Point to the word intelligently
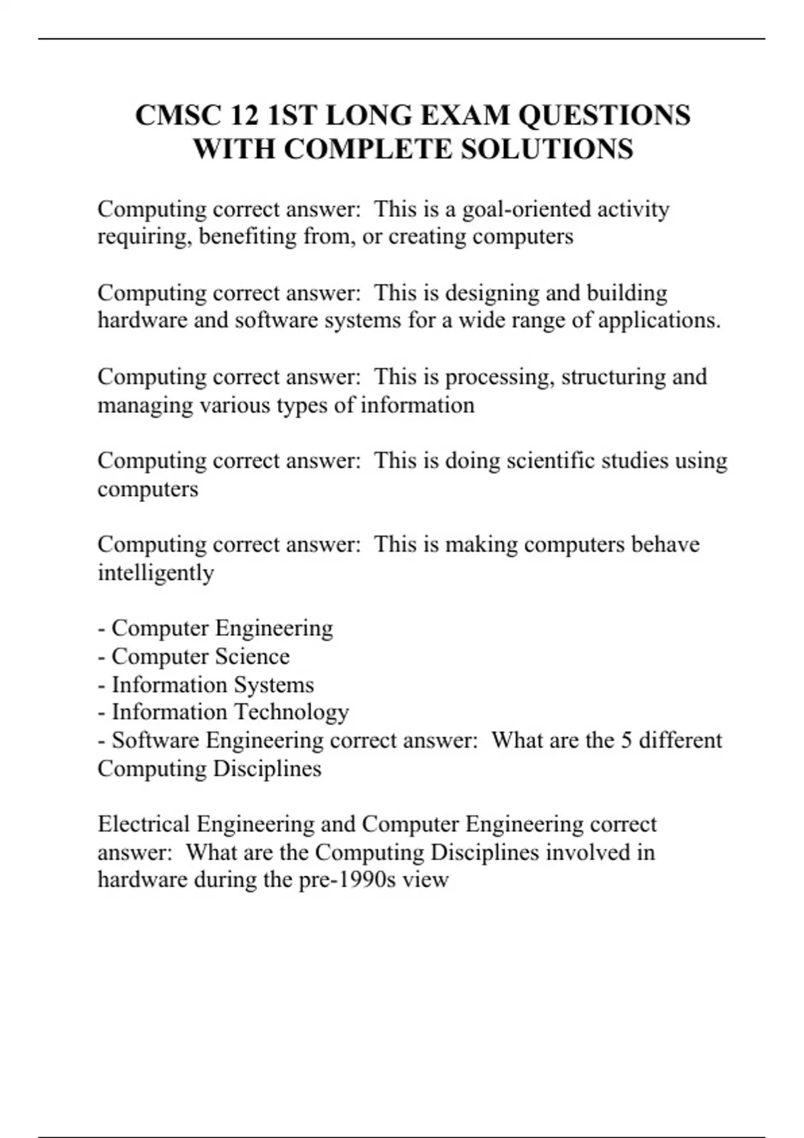click(155, 573)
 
